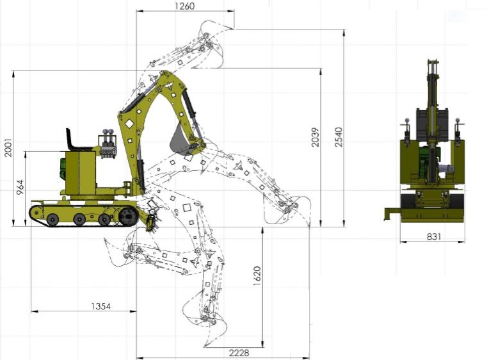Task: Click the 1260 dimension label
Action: click(x=184, y=6)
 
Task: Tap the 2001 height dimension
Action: click(x=8, y=147)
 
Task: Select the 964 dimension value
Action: click(x=20, y=187)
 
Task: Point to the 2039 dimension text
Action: click(x=316, y=136)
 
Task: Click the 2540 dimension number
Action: click(x=339, y=136)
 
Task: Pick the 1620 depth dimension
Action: click(x=257, y=275)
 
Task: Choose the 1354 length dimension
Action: click(x=100, y=306)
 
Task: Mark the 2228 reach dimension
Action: click(x=239, y=353)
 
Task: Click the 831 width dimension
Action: click(x=434, y=236)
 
